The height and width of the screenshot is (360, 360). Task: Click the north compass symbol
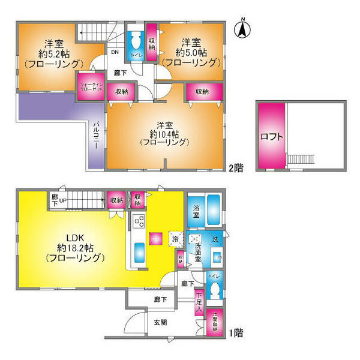244,28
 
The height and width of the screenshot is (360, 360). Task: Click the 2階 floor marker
235,169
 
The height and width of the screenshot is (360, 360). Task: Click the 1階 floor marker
235,332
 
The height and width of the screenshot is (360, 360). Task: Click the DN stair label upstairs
114,52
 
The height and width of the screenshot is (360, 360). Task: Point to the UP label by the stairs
62,199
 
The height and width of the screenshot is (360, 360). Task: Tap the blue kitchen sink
136,251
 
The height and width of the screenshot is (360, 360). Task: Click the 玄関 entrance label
160,323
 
